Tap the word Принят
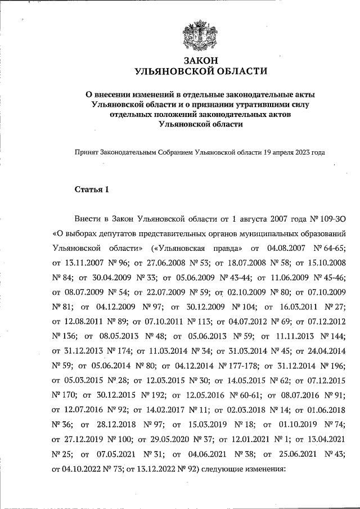coord(87,152)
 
